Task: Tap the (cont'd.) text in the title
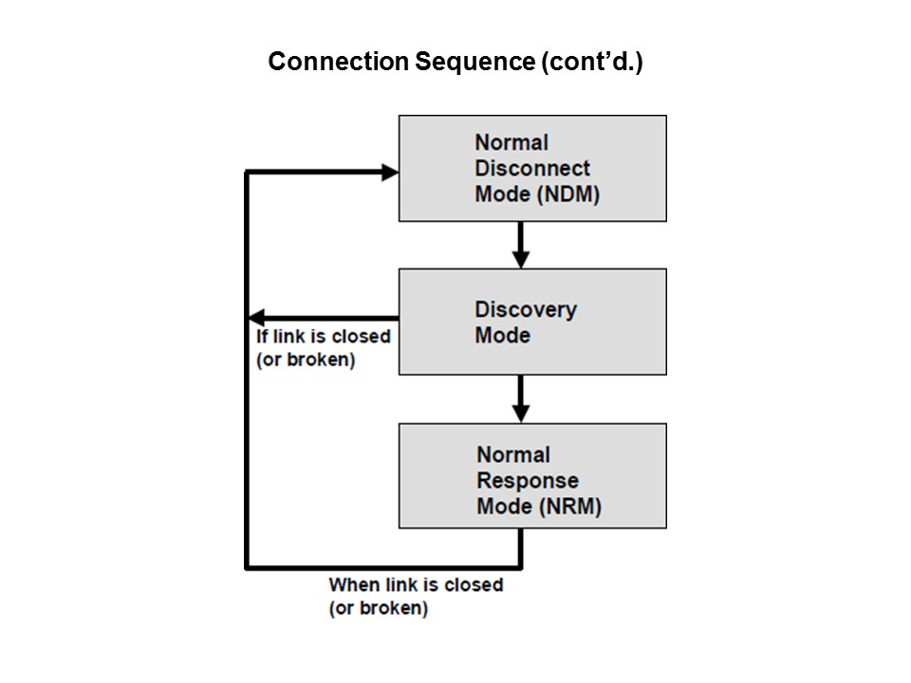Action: click(x=591, y=62)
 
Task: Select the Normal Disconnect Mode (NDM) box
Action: click(x=532, y=168)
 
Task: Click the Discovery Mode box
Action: click(x=532, y=322)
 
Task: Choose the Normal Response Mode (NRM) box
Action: click(x=532, y=475)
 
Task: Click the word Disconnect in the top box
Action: click(x=532, y=169)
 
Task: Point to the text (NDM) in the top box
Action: click(x=570, y=194)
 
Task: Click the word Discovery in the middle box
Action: click(x=526, y=309)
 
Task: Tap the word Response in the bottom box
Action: click(x=528, y=481)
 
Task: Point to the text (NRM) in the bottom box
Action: click(x=571, y=507)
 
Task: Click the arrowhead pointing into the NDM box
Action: click(x=389, y=172)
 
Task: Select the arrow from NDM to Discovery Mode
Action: click(x=520, y=246)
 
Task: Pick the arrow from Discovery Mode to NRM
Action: click(x=520, y=399)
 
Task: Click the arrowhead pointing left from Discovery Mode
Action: click(x=255, y=318)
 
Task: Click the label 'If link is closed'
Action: click(x=324, y=338)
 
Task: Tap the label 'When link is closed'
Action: click(x=416, y=585)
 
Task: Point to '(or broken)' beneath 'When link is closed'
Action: click(x=378, y=609)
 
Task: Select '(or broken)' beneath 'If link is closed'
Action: click(x=306, y=361)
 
